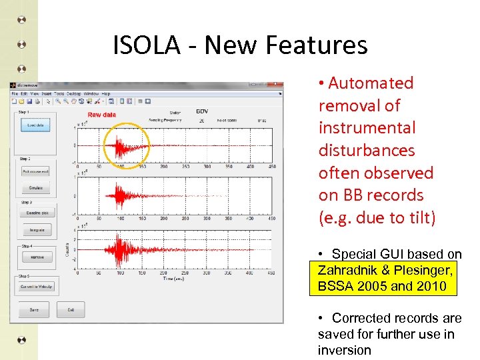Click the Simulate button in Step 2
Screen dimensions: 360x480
[35, 188]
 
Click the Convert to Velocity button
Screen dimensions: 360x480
[37, 287]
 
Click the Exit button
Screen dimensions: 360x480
[70, 310]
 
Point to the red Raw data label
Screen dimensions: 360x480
[101, 115]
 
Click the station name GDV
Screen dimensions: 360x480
[201, 111]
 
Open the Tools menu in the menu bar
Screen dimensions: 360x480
[59, 94]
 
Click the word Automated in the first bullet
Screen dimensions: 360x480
[371, 83]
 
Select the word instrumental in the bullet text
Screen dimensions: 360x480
[367, 128]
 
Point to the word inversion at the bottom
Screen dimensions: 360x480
[344, 351]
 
